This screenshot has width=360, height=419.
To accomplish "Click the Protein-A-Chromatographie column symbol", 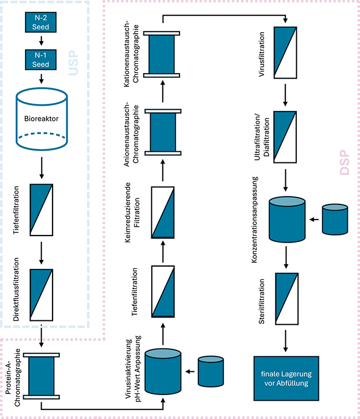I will (x=42, y=376).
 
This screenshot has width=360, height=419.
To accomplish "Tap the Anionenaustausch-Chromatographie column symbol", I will (x=163, y=131).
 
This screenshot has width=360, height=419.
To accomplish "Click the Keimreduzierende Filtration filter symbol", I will (x=163, y=213).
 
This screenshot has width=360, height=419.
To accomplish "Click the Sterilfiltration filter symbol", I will (x=285, y=300).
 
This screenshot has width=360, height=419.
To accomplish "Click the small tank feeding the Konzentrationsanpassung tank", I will (x=336, y=219).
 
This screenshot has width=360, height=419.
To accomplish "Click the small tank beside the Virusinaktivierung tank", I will (x=213, y=371).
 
